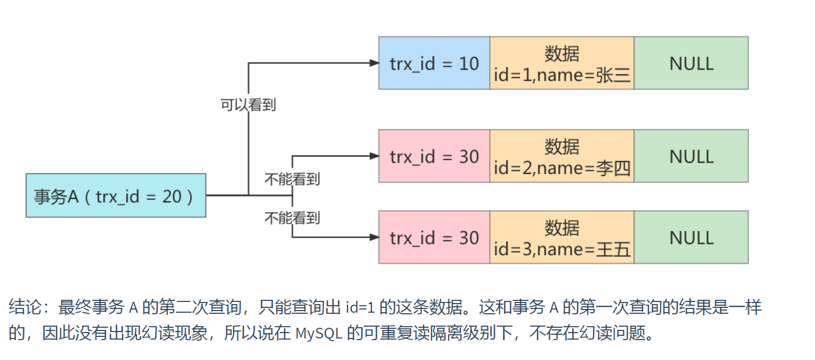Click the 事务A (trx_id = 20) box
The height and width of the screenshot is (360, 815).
coord(116,196)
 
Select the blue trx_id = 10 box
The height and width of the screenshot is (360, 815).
coord(434,63)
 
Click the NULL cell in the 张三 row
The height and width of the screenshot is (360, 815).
coord(691,63)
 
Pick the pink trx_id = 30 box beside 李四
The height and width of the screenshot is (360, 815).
coord(434,156)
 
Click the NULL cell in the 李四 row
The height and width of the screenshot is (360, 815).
coord(691,156)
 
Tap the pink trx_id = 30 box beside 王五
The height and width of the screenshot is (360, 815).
coord(434,237)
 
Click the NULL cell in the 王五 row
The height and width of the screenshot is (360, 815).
coord(691,237)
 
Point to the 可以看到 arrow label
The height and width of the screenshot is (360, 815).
coord(248,105)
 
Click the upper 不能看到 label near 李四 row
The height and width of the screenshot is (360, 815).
coord(292,179)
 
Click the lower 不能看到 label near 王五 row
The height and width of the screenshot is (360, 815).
coord(292,218)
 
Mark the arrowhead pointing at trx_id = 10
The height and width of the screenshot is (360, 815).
coord(374,63)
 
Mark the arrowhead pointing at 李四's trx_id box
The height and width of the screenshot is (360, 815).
coord(374,156)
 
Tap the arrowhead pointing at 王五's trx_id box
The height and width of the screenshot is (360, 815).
coord(374,237)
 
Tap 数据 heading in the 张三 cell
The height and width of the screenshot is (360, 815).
coord(562,53)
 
